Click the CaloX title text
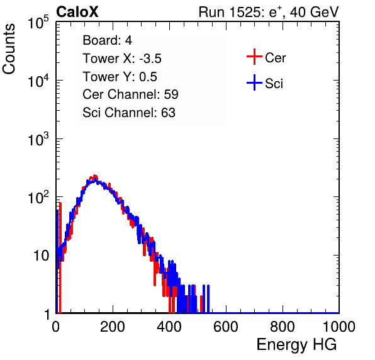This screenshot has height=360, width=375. pyautogui.click(x=77, y=12)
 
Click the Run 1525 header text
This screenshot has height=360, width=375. pyautogui.click(x=269, y=12)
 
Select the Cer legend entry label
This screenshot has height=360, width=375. pyautogui.click(x=275, y=58)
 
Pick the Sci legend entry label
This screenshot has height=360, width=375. pyautogui.click(x=274, y=84)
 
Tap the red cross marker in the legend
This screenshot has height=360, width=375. pyautogui.click(x=254, y=57)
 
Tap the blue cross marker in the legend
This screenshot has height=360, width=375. pyautogui.click(x=254, y=82)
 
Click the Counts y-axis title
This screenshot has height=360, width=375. pyautogui.click(x=9, y=49)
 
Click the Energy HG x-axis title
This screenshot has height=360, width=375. pyautogui.click(x=296, y=345)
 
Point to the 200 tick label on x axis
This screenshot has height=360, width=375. pyautogui.click(x=113, y=327)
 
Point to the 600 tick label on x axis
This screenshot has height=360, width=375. pyautogui.click(x=226, y=327)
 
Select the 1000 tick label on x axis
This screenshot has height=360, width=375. pyautogui.click(x=339, y=327)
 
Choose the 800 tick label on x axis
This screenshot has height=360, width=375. pyautogui.click(x=283, y=327)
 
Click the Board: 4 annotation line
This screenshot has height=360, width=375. pyautogui.click(x=107, y=40)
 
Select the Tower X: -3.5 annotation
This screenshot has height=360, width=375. pyautogui.click(x=122, y=59)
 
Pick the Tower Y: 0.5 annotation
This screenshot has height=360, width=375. pyautogui.click(x=120, y=77)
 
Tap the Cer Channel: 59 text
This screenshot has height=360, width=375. pyautogui.click(x=130, y=94)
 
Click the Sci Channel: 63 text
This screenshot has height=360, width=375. pyautogui.click(x=129, y=113)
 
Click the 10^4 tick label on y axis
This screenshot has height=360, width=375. pyautogui.click(x=38, y=81)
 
